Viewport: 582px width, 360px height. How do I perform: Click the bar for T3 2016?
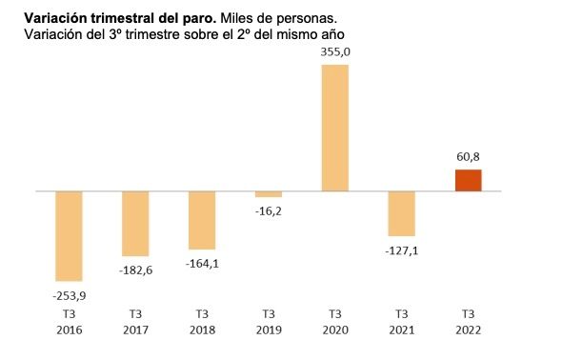[x=69, y=235]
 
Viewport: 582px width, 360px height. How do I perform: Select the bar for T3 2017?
[x=135, y=223]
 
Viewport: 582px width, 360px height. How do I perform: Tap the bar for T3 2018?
[x=202, y=220]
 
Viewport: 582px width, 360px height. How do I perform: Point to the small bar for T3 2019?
[x=269, y=194]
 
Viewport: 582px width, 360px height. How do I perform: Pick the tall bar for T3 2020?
[x=335, y=128]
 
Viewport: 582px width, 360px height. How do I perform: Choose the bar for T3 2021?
[x=402, y=213]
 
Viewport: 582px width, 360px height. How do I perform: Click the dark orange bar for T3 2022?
[x=468, y=180]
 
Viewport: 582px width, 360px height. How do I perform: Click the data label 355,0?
[x=335, y=53]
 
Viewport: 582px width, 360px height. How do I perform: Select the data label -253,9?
[x=69, y=295]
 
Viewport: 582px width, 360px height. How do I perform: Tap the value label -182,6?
[x=135, y=270]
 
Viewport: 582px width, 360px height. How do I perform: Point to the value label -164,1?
[x=202, y=264]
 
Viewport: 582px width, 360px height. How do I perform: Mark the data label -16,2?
[x=269, y=211]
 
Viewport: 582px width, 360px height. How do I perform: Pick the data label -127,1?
[x=402, y=250]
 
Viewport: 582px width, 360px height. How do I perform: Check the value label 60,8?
[x=468, y=156]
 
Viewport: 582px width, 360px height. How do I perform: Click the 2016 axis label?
[x=69, y=330]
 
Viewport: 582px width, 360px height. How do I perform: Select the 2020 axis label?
[x=335, y=330]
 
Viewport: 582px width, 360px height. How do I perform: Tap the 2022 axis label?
[x=468, y=330]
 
